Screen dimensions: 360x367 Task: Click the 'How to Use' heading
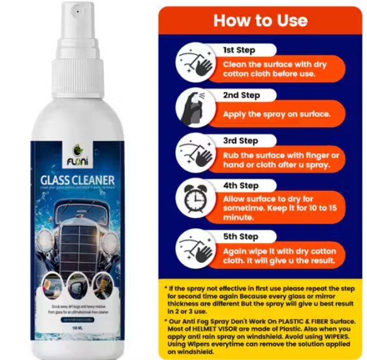[259, 20]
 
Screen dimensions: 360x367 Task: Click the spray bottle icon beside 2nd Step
[193, 106]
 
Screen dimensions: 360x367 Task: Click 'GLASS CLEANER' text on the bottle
[76, 181]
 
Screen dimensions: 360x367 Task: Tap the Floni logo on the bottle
[76, 155]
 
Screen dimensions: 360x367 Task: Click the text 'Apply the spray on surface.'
[277, 113]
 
